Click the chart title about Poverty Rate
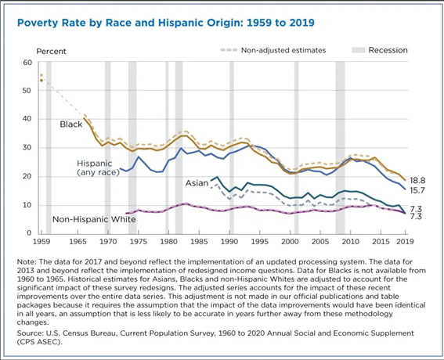166,23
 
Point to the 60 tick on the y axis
27,63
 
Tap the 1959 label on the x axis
42,242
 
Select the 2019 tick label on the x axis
405,242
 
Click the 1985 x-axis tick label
200,242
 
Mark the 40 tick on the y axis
27,119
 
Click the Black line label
71,124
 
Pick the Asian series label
197,183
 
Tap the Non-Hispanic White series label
94,219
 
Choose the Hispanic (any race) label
98,167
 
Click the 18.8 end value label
417,181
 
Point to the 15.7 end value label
417,190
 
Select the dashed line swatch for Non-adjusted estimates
229,50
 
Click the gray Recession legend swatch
358,50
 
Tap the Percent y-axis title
51,51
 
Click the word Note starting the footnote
27,261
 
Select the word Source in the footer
30,333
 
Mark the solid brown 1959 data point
42,80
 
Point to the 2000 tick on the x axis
291,242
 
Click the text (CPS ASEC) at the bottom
39,342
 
